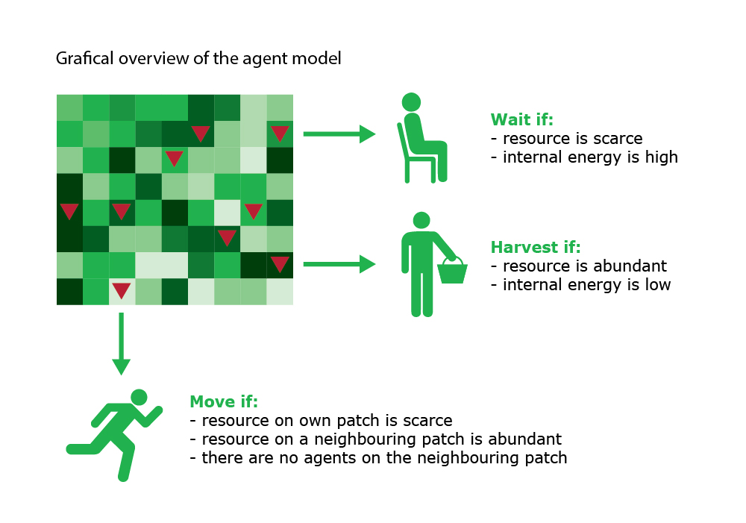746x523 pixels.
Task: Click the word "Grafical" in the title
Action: (x=85, y=58)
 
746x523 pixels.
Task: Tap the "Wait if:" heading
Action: (x=522, y=119)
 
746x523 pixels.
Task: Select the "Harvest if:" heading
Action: (x=536, y=247)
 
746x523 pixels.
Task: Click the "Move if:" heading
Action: (x=224, y=401)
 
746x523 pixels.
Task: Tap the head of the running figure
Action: (x=139, y=398)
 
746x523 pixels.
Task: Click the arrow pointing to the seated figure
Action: (x=339, y=134)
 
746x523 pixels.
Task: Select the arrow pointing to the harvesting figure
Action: (x=339, y=264)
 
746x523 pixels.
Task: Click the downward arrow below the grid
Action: (x=122, y=344)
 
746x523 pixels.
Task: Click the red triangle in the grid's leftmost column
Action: (x=69, y=211)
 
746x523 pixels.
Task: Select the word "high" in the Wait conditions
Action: (x=661, y=157)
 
